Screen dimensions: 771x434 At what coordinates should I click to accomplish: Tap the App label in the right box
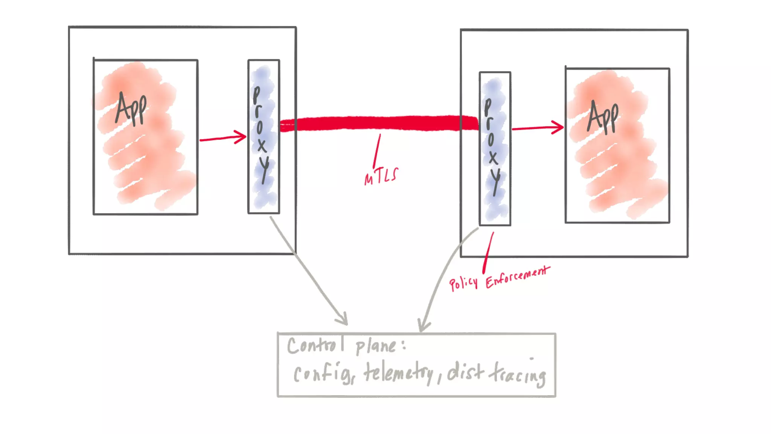tap(603, 117)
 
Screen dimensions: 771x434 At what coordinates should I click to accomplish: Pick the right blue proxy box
tap(495, 148)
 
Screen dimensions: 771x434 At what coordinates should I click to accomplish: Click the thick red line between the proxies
tap(378, 124)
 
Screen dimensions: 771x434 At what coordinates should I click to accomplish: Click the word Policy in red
tap(463, 282)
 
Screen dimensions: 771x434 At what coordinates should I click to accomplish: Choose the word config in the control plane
tap(323, 373)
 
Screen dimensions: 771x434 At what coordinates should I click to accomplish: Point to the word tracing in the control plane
tap(518, 374)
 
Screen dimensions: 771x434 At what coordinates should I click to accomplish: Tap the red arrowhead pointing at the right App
tap(559, 127)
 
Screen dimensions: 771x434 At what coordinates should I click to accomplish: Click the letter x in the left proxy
tap(262, 145)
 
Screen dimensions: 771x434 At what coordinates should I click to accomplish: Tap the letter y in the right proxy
tap(495, 181)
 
